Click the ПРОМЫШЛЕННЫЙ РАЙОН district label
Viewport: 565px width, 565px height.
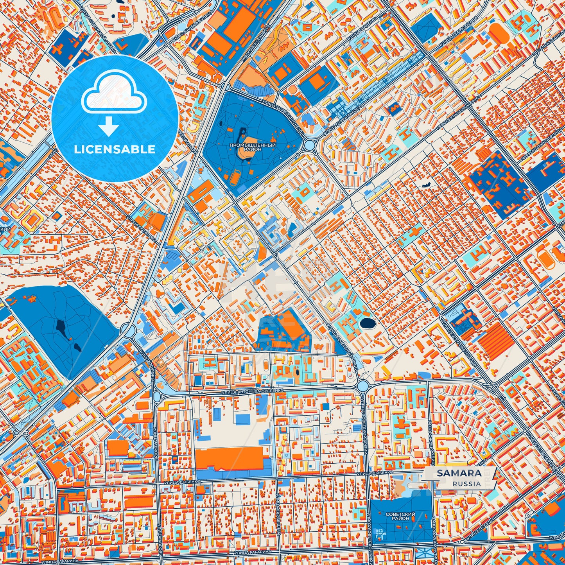pos(253,147)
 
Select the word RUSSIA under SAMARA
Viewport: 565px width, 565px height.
pos(467,484)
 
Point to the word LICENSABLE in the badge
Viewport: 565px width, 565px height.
pos(115,149)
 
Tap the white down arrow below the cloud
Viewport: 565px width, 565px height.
pos(108,127)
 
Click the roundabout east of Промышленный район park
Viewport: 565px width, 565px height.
pos(310,145)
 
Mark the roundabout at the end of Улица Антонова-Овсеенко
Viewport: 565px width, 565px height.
pos(362,386)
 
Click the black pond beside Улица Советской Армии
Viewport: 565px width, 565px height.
pos(366,323)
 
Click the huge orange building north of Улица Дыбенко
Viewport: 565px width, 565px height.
pos(229,458)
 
